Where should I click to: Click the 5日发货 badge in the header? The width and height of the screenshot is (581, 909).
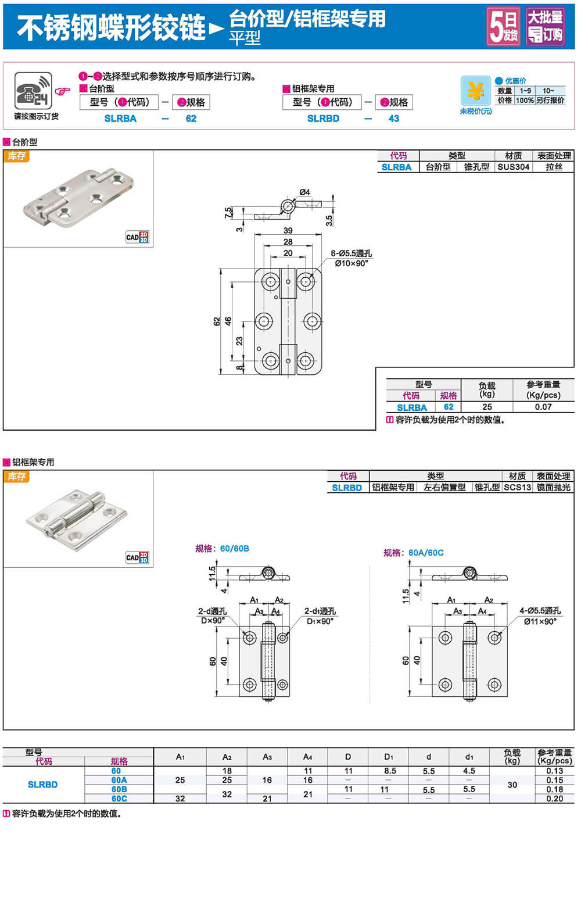[503, 27]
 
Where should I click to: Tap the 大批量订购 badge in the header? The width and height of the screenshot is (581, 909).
[545, 27]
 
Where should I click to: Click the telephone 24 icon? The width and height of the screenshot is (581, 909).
[33, 91]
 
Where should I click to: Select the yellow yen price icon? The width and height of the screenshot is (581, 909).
[476, 91]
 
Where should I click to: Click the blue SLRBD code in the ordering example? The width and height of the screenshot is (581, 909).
[323, 119]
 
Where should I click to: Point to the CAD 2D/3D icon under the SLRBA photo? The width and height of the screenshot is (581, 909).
[137, 237]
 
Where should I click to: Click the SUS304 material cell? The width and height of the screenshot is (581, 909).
[514, 167]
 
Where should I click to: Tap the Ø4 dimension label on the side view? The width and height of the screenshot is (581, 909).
[304, 192]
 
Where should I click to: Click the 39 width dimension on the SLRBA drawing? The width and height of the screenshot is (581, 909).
[288, 231]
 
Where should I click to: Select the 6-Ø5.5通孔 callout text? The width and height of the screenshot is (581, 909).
[351, 253]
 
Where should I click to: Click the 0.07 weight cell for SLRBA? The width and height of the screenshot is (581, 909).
[543, 407]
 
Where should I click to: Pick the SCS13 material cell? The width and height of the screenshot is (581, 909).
[517, 488]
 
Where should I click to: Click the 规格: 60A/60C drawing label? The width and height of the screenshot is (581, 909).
[413, 553]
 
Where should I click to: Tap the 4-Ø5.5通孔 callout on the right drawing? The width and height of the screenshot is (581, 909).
[540, 611]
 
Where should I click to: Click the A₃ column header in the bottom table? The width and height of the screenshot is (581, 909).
[267, 757]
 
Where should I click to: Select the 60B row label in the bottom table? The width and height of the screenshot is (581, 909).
[119, 789]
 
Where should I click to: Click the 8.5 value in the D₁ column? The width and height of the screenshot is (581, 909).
[390, 771]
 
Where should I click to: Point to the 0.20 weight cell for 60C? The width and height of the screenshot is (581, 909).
[554, 799]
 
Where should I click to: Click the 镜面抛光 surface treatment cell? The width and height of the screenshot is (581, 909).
[553, 488]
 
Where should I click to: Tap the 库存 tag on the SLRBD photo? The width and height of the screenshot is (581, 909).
[17, 477]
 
